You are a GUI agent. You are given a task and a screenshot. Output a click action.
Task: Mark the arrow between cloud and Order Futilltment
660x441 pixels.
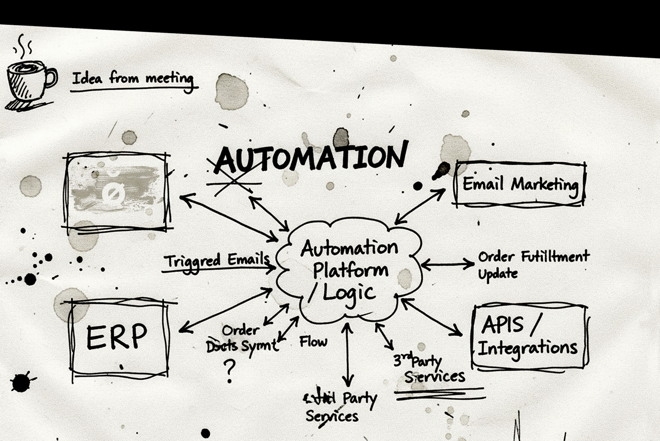(447, 264)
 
